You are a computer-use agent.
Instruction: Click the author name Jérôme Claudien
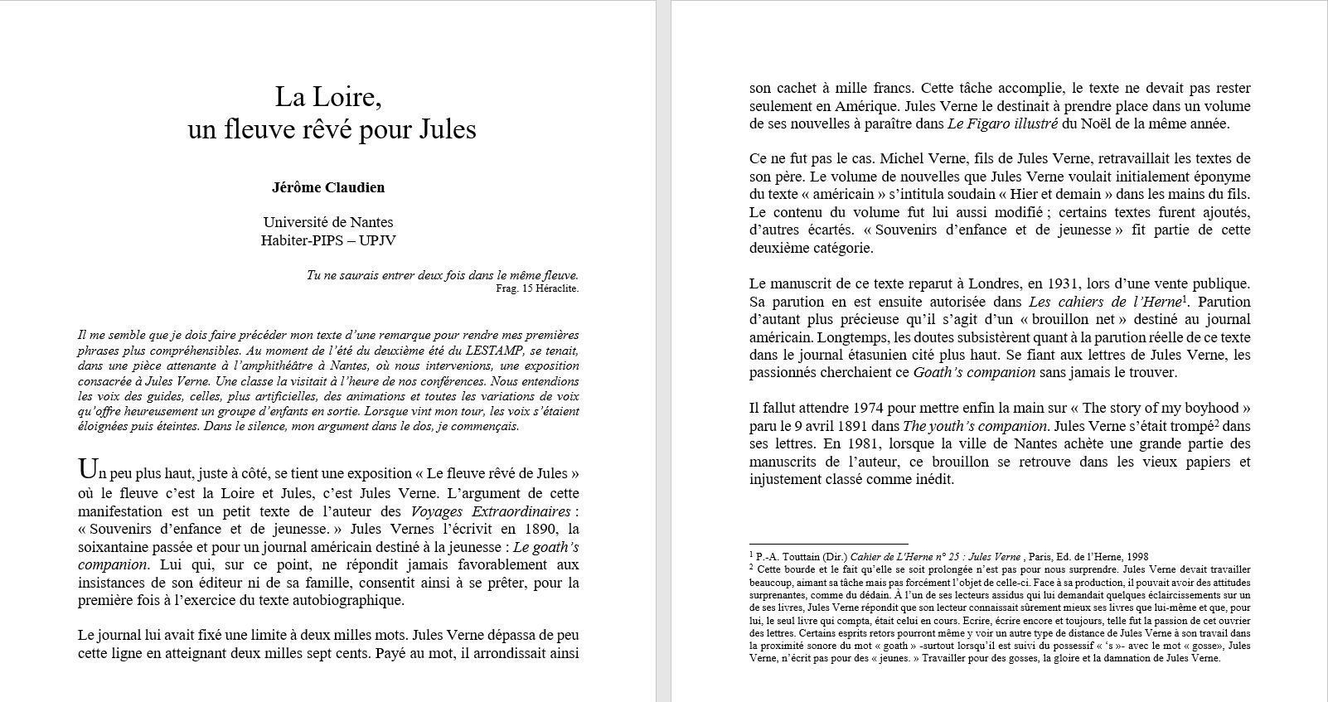coord(328,187)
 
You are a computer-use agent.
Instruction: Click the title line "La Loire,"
coord(328,98)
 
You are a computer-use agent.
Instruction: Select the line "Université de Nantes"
coord(328,222)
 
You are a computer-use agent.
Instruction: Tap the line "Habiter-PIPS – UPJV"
coord(328,240)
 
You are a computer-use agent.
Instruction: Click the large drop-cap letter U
coord(86,470)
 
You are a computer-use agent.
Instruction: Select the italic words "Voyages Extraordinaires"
coord(491,511)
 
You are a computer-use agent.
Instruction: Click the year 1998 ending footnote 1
coord(1137,557)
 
